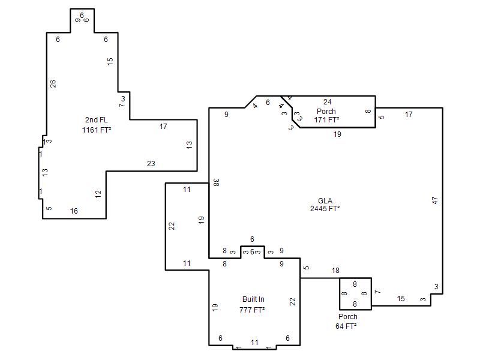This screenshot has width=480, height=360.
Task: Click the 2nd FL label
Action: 96,120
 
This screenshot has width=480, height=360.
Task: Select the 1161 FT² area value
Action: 96,130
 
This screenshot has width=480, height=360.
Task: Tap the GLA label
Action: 325,201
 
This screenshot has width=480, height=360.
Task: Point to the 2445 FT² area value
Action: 325,209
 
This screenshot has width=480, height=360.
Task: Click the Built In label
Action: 253,299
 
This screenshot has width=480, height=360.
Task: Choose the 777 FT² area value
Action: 252,310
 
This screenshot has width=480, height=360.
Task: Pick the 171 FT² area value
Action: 326,119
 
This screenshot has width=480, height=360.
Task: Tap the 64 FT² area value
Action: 346,326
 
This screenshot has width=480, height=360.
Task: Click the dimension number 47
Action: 434,200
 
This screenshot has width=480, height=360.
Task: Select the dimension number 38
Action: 216,182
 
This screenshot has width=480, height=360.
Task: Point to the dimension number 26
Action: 53,83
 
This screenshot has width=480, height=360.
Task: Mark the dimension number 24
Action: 327,101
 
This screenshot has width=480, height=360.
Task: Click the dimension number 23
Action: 151,164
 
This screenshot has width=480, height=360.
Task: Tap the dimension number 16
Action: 74,211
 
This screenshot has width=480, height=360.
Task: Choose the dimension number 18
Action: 335,271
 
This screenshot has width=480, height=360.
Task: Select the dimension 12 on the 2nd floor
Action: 98,194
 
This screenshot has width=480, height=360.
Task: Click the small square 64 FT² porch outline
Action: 340,294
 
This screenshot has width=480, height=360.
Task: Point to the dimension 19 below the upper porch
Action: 337,134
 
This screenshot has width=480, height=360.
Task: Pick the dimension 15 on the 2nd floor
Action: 110,61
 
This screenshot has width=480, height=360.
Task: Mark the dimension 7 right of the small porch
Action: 378,292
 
